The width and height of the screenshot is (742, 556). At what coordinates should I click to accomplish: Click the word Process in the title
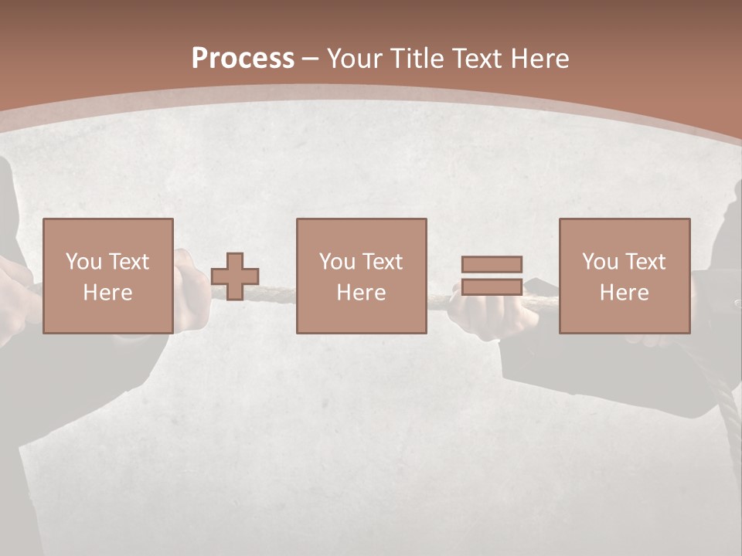pos(243,59)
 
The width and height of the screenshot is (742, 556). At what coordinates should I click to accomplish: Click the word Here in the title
pos(539,59)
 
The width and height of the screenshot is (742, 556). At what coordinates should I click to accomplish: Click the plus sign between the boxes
pos(235,276)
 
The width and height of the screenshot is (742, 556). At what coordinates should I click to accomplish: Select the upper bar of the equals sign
pos(492,264)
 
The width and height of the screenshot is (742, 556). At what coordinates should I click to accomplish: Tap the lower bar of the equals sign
pos(492,286)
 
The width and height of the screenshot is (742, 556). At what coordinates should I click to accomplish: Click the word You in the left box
pos(83,262)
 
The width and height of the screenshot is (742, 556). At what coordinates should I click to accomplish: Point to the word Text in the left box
pos(128,262)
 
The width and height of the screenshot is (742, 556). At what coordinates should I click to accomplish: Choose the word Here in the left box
pos(107,293)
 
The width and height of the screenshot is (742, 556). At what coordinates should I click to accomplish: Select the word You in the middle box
pos(337,262)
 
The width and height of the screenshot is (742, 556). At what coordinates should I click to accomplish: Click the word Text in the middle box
pos(382,262)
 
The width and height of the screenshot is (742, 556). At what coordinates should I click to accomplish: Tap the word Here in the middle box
pos(361,293)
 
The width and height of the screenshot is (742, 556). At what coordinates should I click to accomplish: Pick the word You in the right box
pos(600,262)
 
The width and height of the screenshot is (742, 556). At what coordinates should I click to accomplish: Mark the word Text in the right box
pos(645,262)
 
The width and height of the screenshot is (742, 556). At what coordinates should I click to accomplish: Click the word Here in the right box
pos(624,293)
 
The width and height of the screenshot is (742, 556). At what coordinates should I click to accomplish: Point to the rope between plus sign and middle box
pos(277,293)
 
